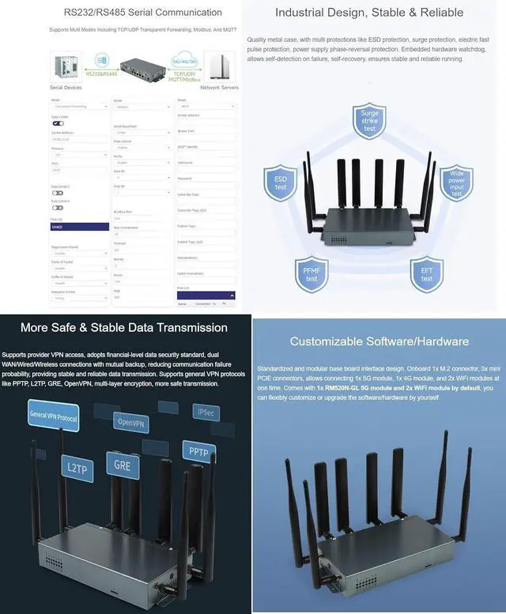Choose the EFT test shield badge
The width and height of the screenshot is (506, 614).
426,274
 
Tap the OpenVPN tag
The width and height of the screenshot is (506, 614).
131,421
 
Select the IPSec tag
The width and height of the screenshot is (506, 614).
206,412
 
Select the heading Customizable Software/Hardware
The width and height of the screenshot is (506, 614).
379,341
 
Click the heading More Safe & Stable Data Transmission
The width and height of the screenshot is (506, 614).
124,327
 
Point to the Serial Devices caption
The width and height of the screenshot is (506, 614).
66,88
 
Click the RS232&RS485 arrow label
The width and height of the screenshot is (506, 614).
96,70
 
